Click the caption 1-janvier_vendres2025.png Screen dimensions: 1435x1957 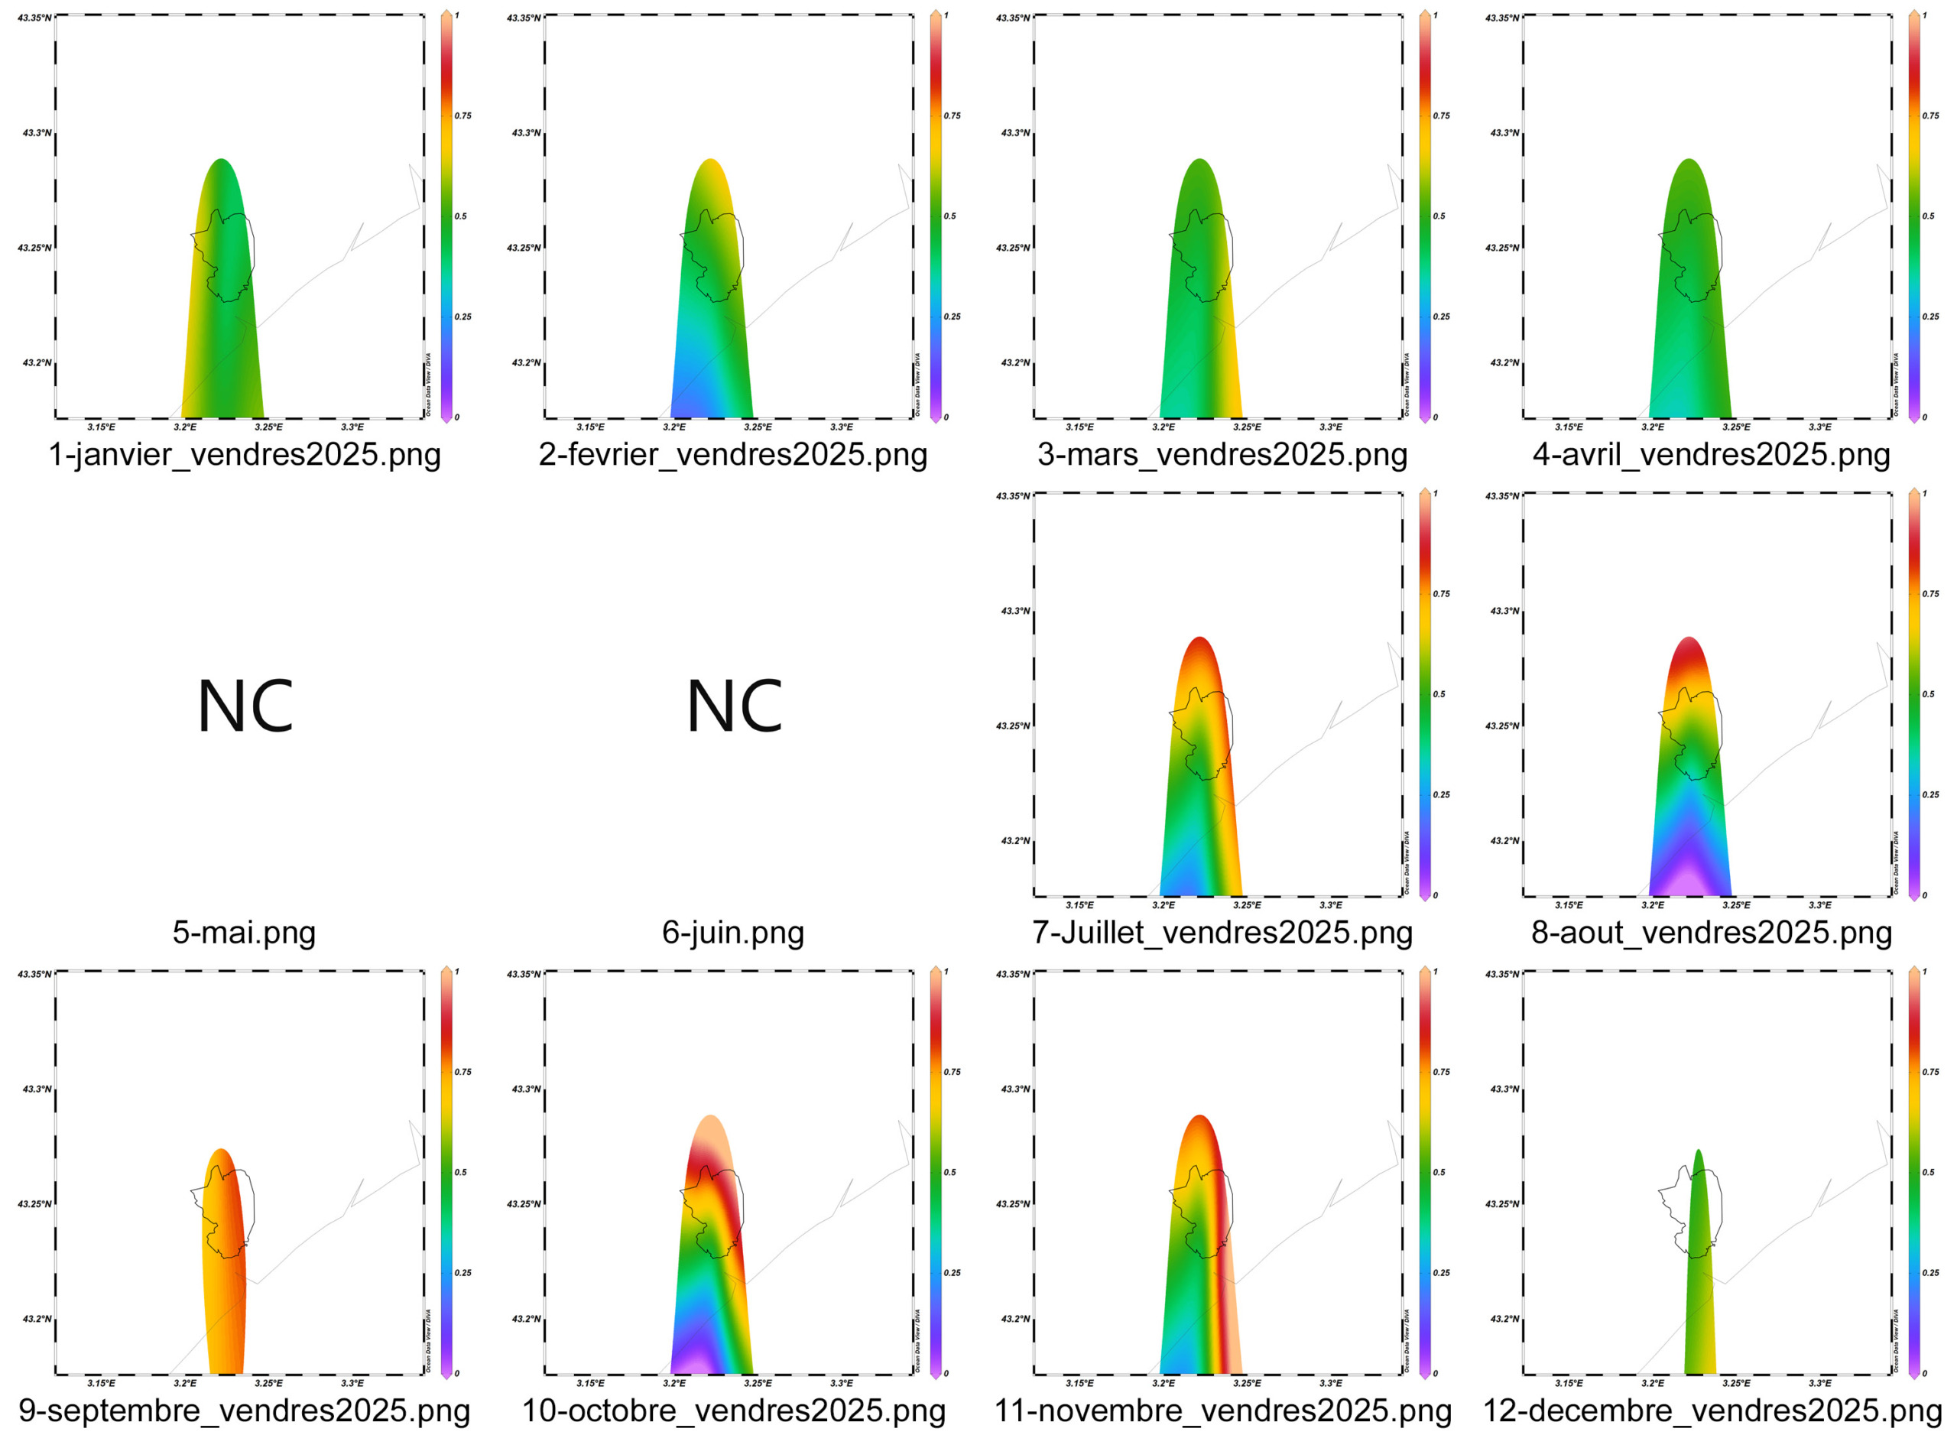[244, 454]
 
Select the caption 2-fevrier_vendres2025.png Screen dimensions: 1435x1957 [733, 454]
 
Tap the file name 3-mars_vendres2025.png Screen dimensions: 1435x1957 [1222, 454]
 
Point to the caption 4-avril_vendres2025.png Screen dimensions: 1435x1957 [1711, 454]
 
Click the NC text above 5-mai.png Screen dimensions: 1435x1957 [245, 707]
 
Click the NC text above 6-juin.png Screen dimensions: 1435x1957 [734, 707]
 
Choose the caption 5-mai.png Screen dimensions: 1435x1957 [244, 932]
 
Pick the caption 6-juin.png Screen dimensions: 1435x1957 [733, 932]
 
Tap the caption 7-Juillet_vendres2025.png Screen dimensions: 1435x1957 [1222, 932]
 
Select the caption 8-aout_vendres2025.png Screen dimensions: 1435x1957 [1711, 932]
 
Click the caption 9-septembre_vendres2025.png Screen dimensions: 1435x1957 [244, 1410]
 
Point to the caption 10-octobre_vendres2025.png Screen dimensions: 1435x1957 [733, 1410]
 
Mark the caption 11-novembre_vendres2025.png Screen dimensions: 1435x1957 [1222, 1410]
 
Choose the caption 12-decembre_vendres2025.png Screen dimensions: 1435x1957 [1711, 1410]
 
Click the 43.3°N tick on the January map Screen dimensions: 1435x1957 [37, 133]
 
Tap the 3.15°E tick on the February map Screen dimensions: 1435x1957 [591, 427]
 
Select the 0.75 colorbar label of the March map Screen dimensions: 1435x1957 [1441, 115]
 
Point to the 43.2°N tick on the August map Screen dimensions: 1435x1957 [1504, 841]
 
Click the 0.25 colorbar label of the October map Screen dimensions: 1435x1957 [952, 1273]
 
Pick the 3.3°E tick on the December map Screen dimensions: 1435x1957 [1819, 1383]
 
